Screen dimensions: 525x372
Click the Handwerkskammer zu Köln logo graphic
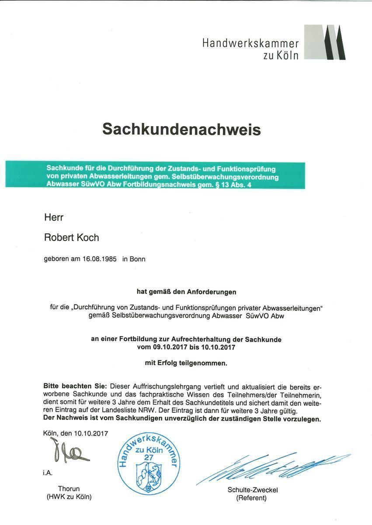324,42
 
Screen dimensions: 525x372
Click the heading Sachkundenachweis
181,129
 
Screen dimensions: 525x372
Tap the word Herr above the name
54,217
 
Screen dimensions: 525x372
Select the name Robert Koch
72,238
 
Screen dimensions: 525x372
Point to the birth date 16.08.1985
100,259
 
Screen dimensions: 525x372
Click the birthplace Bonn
137,259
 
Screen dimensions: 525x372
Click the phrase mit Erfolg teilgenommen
186,363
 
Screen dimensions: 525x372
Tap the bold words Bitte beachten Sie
75,386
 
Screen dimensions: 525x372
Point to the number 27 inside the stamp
148,457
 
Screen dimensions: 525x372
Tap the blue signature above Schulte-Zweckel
271,467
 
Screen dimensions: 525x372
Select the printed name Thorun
69,489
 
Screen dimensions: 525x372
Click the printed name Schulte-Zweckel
252,490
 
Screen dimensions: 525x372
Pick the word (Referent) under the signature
251,498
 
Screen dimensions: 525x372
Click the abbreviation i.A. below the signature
48,472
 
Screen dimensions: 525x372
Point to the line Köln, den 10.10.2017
75,434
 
